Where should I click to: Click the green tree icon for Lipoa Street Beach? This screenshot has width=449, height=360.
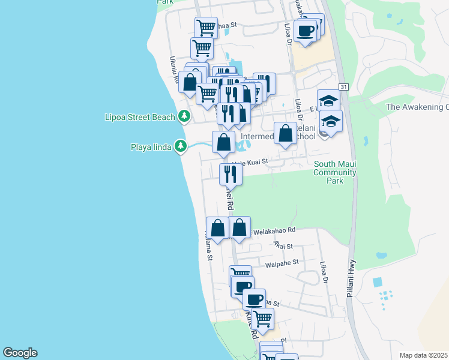coord(184,116)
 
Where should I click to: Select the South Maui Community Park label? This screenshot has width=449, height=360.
coord(335,172)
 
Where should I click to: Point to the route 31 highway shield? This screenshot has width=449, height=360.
coord(343,87)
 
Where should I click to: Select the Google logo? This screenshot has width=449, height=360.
coord(20,353)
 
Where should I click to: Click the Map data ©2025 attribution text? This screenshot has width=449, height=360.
coord(423,355)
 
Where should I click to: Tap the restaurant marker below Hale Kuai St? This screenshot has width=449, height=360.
coord(231,174)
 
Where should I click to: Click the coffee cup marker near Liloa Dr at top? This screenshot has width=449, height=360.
coord(306,30)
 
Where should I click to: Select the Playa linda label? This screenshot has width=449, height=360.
coord(152,146)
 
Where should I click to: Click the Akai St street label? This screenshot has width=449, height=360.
coord(282,245)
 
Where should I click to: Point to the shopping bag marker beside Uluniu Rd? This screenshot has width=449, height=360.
coord(190,83)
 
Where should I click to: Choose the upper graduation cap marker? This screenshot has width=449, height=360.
coord(328,100)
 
